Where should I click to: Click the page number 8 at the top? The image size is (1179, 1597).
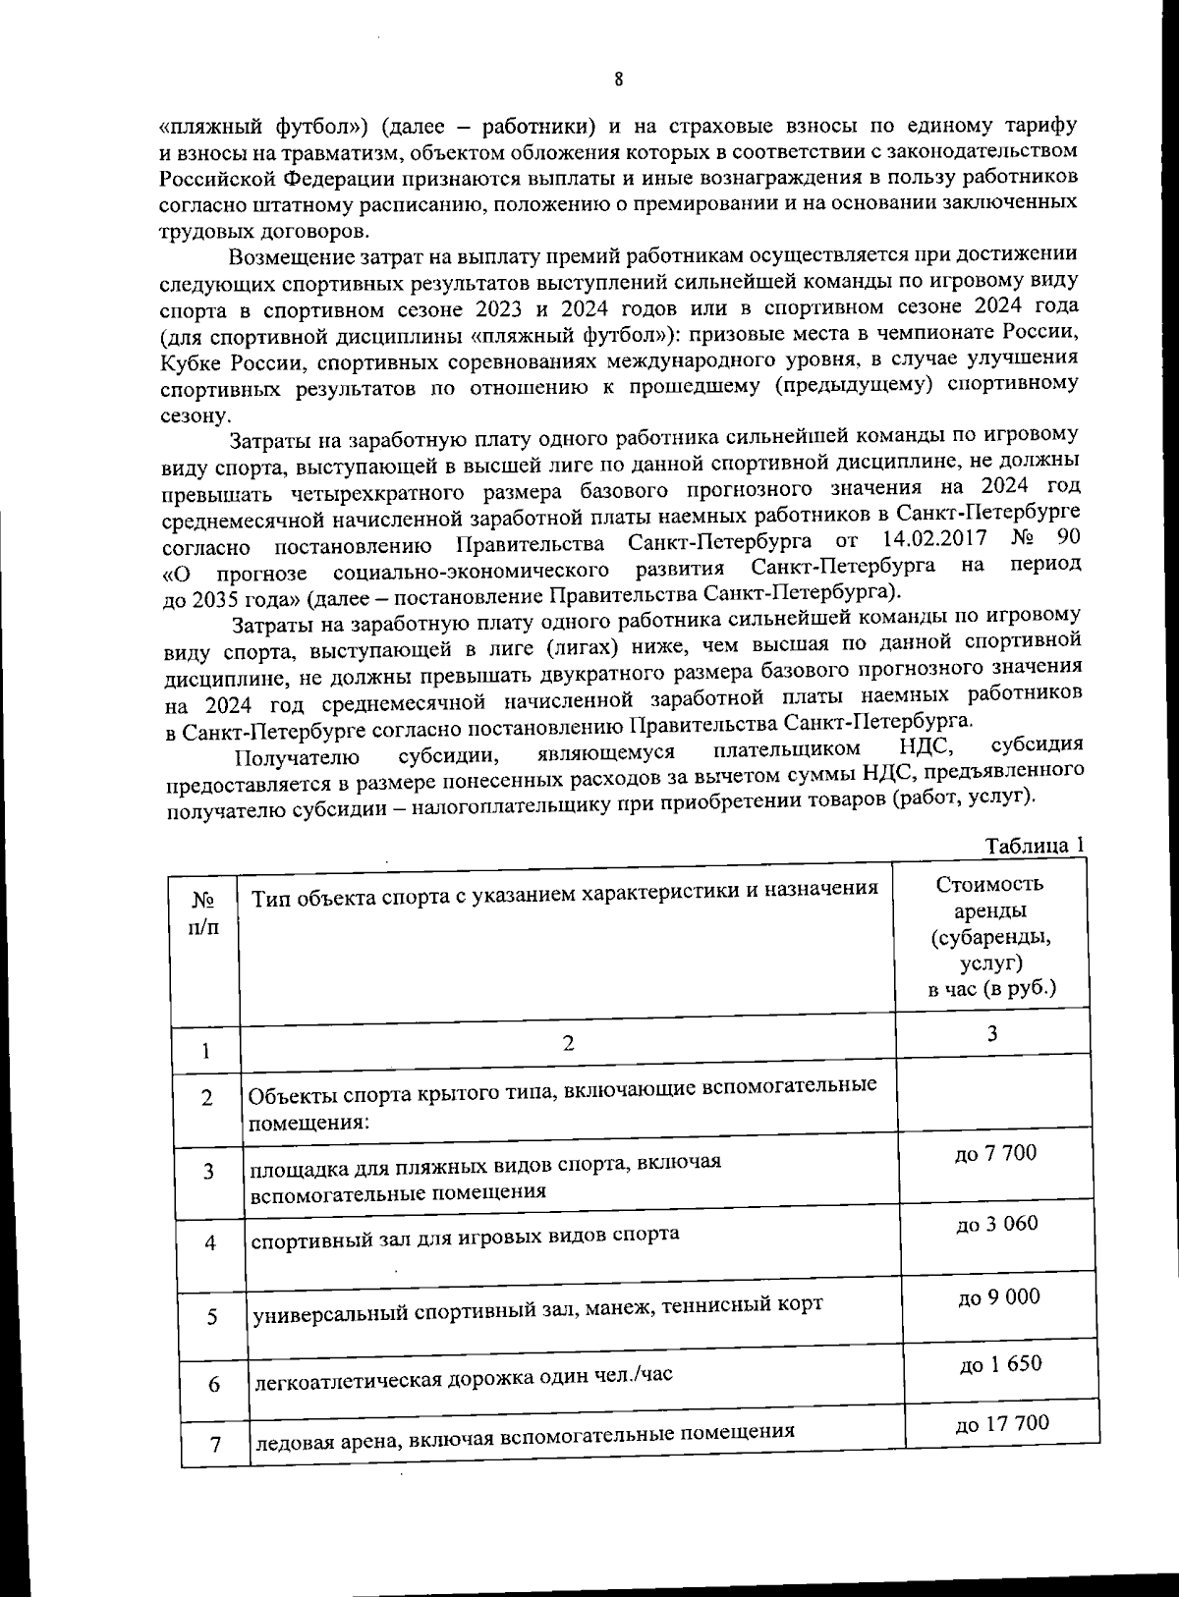(619, 81)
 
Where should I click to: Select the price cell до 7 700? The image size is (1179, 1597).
(995, 1153)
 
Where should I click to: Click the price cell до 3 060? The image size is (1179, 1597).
(996, 1224)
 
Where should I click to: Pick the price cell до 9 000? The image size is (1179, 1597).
(997, 1297)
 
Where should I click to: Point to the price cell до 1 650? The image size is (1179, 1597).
(999, 1364)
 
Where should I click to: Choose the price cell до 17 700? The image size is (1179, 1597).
(1001, 1423)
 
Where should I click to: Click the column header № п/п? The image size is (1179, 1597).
(204, 912)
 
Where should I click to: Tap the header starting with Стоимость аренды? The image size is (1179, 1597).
(990, 935)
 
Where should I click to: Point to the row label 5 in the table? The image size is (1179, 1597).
(212, 1317)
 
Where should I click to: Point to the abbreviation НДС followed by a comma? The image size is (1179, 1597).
(927, 748)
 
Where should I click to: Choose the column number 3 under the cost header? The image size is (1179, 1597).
(992, 1032)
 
